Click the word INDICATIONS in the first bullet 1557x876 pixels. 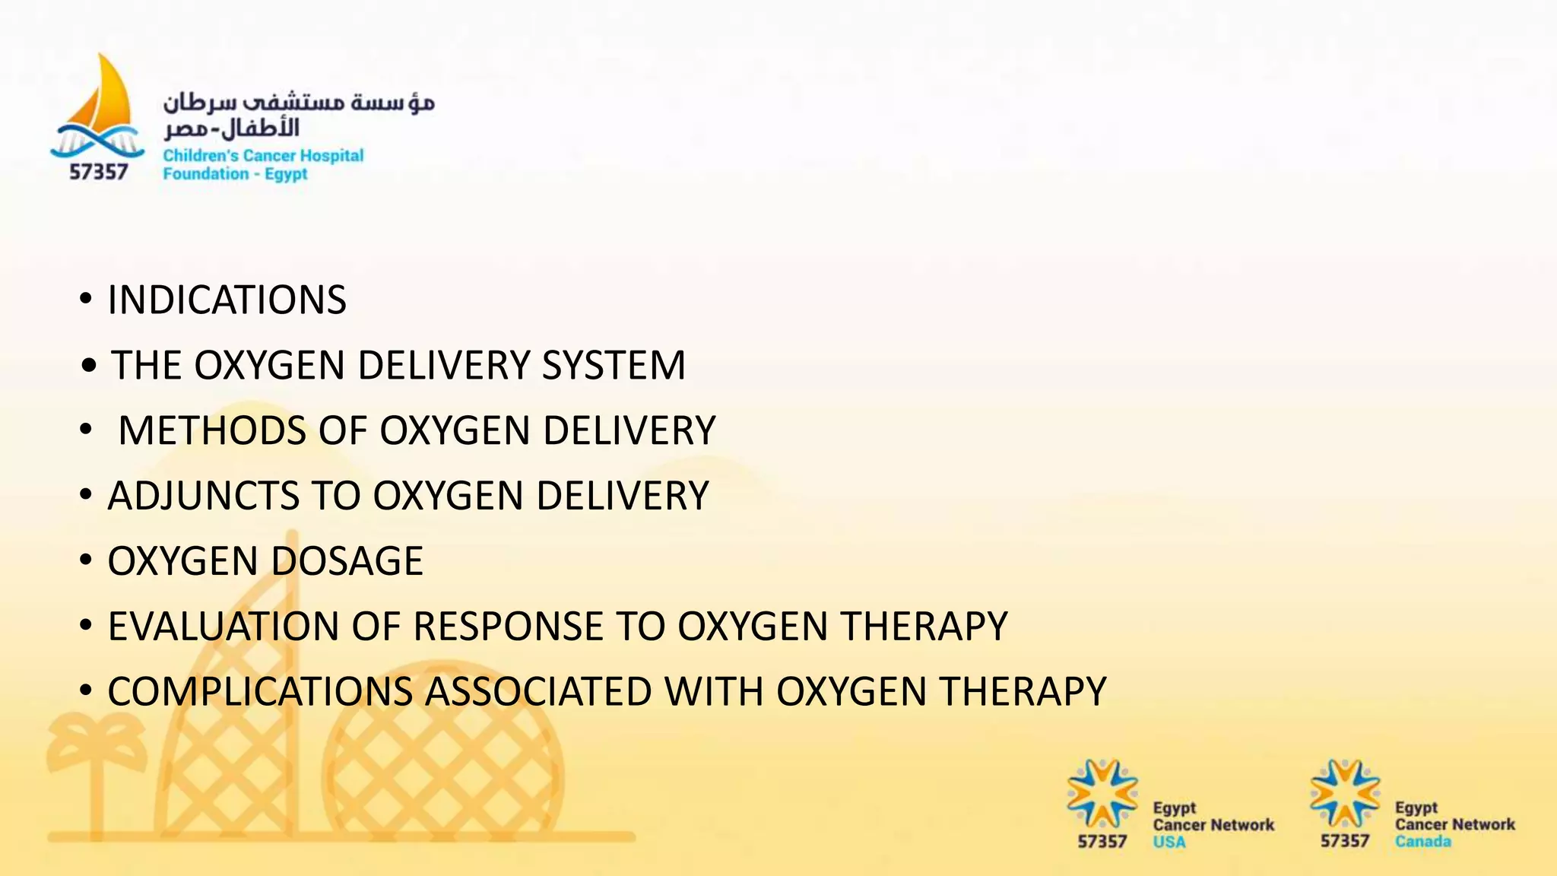coord(227,300)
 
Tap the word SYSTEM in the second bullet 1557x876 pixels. coord(613,365)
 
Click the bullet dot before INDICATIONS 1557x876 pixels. coord(86,299)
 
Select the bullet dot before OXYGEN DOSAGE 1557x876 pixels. coord(86,560)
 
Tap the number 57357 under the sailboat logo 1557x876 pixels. coord(98,173)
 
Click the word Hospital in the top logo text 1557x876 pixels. coord(331,156)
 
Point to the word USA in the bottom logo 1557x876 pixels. coord(1169,842)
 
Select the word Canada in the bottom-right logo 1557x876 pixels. coord(1422,842)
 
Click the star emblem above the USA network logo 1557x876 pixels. coord(1102,793)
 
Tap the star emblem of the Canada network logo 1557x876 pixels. coord(1344,793)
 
